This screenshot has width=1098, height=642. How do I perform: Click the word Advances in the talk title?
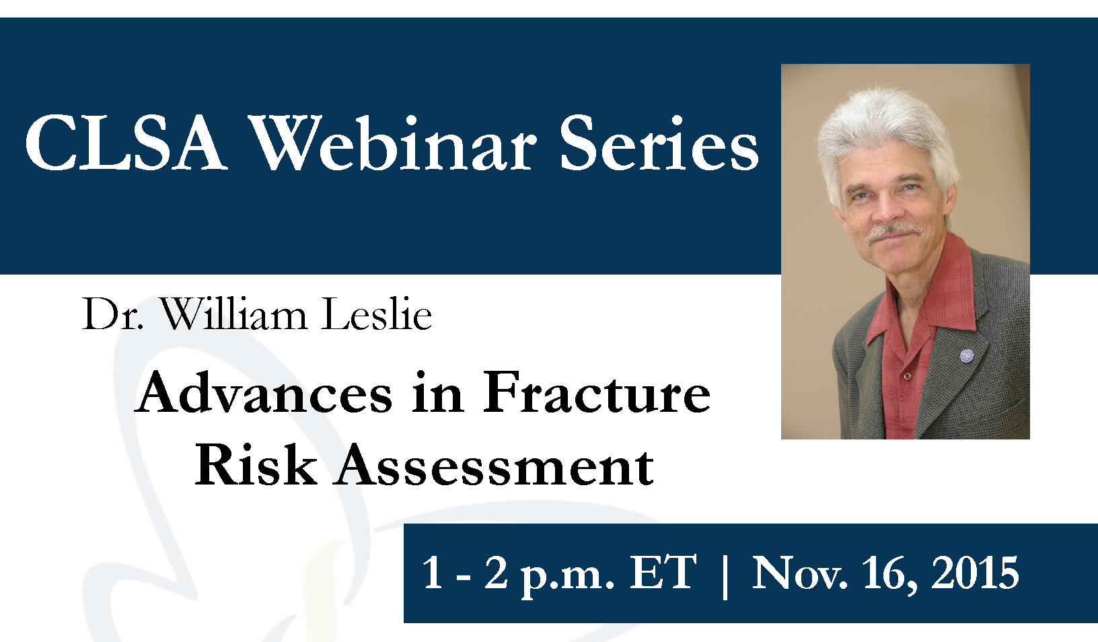264,392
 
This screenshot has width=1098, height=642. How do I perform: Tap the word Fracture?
597,392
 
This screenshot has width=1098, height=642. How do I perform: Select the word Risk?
256,464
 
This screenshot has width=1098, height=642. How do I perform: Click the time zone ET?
663,573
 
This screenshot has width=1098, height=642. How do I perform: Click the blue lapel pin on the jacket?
967,355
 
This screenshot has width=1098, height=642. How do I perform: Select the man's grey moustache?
895,232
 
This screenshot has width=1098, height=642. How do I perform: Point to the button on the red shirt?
908,376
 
